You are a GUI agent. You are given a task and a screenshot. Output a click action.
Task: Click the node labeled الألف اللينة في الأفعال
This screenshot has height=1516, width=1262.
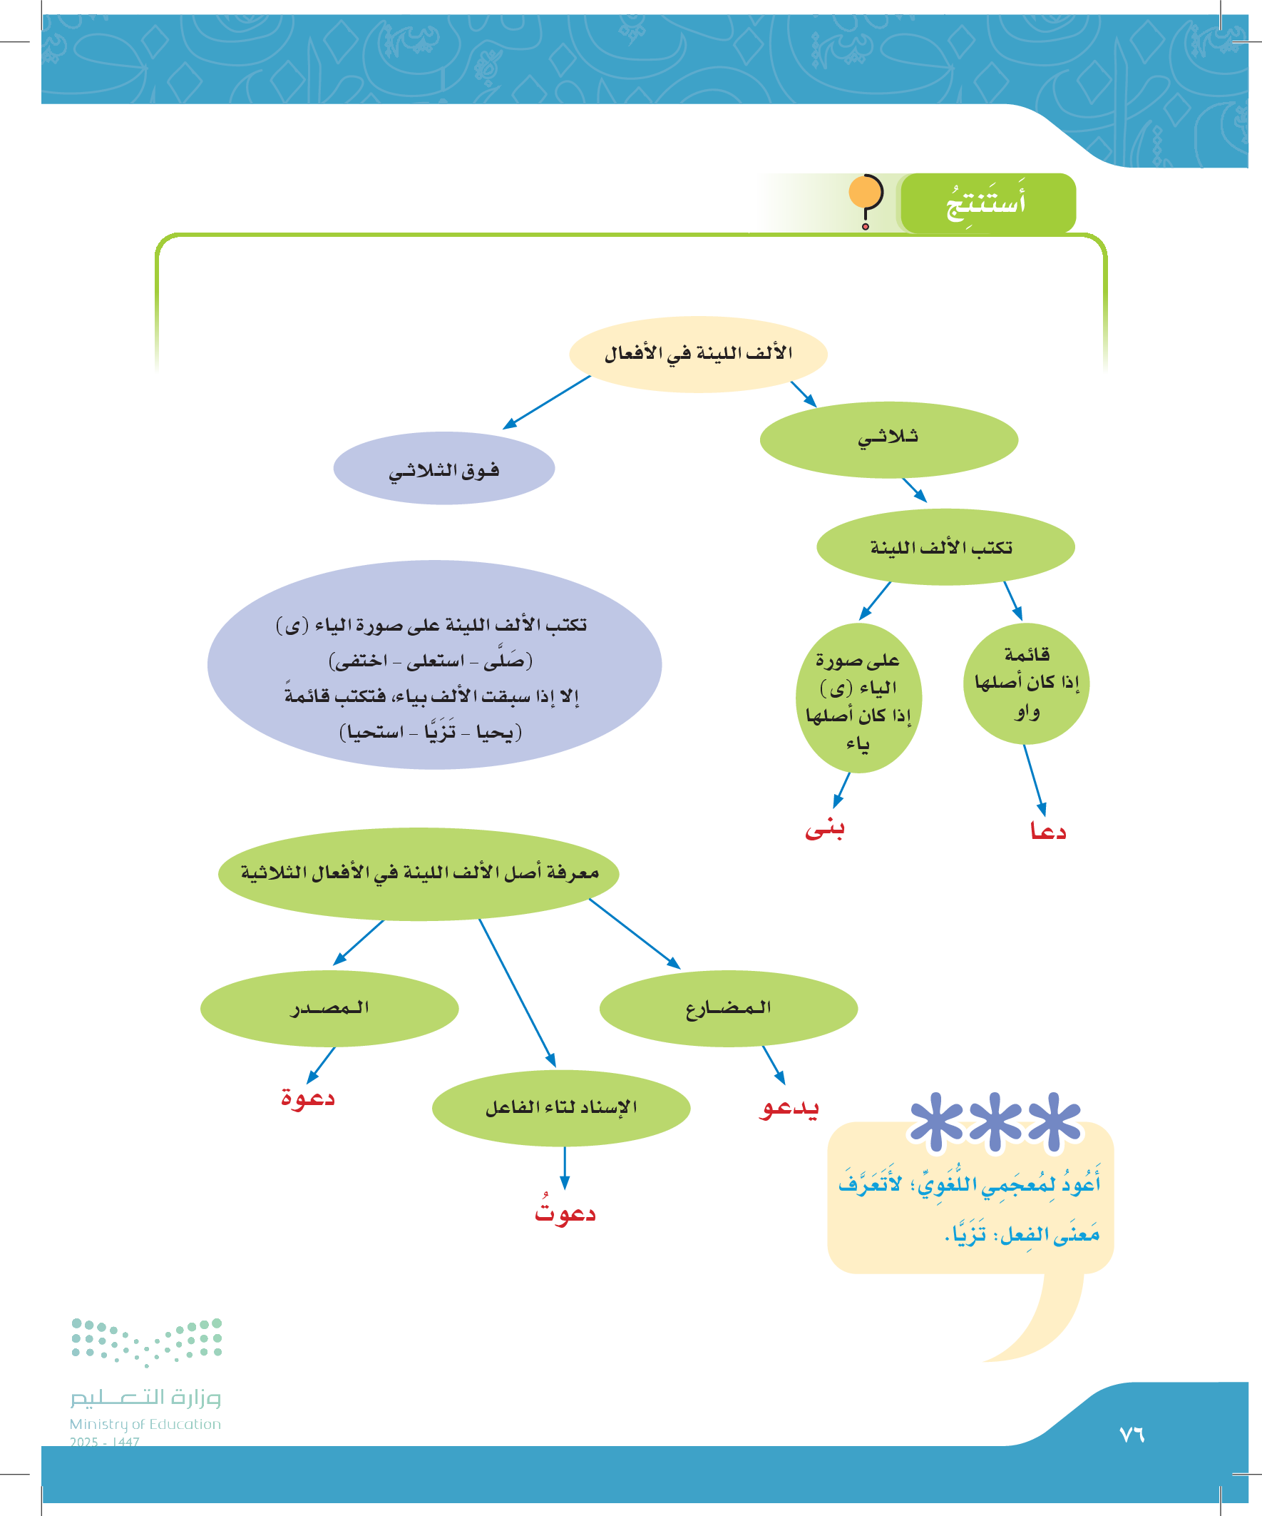698,355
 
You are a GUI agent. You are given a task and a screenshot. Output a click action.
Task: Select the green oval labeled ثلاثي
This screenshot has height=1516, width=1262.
888,439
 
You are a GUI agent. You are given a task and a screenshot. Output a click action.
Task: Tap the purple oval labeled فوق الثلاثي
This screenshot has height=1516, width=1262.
443,469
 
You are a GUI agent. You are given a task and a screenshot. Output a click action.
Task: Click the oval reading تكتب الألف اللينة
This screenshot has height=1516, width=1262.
945,547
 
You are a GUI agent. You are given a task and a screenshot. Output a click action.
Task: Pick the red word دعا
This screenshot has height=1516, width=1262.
1047,831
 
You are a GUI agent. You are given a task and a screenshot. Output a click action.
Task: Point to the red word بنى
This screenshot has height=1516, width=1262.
825,829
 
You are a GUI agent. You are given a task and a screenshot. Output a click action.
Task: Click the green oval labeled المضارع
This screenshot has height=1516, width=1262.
728,1008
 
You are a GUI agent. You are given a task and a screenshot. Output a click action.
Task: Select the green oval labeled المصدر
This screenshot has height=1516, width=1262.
329,1008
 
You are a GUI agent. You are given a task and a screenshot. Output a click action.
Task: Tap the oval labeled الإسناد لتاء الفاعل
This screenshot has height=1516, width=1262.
560,1107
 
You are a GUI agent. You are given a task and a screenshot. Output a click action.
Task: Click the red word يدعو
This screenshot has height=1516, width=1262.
789,1107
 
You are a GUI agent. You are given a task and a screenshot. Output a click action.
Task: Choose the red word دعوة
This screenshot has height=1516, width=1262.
308,1098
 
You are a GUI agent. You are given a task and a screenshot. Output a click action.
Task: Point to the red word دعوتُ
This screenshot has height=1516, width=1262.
565,1212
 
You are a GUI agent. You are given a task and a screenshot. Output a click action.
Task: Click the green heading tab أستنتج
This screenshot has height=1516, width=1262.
987,203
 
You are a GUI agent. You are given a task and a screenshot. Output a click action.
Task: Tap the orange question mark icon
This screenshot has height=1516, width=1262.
866,200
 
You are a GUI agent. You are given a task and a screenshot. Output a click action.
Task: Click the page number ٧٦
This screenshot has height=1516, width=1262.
1132,1435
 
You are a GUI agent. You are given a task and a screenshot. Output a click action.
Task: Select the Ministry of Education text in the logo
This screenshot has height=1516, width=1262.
145,1424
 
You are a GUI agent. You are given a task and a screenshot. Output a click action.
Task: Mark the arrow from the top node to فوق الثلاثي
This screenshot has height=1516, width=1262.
547,402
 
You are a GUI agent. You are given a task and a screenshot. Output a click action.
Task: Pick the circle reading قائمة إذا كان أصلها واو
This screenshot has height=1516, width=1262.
1026,683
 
